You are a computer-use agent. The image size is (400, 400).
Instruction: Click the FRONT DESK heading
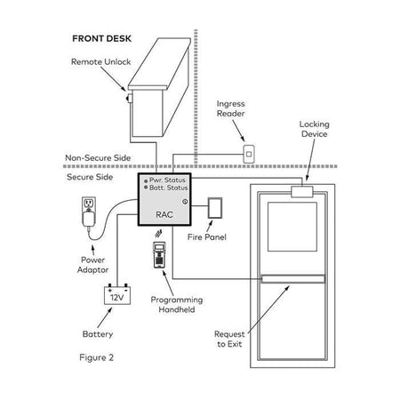coord(101,38)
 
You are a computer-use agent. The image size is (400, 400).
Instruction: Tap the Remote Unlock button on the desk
coord(130,98)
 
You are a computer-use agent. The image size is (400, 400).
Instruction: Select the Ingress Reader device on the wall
coord(249,154)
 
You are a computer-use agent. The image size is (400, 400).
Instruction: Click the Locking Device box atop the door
coord(302,192)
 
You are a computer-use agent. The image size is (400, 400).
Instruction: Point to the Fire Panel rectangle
coord(215,208)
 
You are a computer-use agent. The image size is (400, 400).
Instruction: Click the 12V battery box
coord(117,294)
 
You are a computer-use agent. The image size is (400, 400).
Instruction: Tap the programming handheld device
coord(159,255)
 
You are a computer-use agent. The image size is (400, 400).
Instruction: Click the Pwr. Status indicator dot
coord(146,180)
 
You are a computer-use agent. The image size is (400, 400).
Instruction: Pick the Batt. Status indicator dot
coord(146,188)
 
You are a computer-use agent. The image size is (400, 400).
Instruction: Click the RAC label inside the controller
coord(164,214)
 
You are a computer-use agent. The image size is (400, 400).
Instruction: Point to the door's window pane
coord(292,227)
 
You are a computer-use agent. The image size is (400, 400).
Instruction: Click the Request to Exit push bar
coord(292,279)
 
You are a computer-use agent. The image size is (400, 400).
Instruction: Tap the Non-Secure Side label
coord(98,157)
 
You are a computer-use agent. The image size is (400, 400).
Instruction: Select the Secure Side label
coord(90,177)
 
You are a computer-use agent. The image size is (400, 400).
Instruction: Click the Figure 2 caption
coord(96,357)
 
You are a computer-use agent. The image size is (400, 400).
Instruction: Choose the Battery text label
coord(98,334)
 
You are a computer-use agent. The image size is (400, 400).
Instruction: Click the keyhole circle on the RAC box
coord(185,202)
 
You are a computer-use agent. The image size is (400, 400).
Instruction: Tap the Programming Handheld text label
coord(177,305)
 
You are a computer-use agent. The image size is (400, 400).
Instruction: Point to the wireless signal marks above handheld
coord(158,234)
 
